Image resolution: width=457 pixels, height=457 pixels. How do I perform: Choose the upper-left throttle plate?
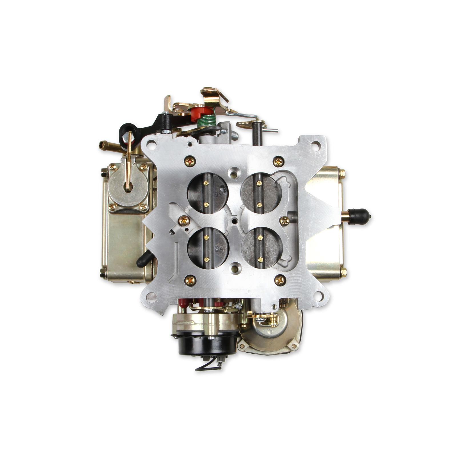click(x=208, y=193)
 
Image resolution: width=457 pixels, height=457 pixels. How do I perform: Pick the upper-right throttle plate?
click(x=261, y=193)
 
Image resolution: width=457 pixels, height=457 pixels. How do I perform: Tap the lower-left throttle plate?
click(x=208, y=248)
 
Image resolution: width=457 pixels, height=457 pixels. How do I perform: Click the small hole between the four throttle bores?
click(x=234, y=221)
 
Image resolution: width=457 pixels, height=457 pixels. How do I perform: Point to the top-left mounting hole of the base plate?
click(x=152, y=145)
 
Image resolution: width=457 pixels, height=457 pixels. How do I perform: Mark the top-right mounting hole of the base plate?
click(x=315, y=145)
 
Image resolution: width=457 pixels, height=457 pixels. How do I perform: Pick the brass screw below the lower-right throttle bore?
click(x=280, y=280)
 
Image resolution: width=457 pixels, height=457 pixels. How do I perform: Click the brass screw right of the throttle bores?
click(x=285, y=221)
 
